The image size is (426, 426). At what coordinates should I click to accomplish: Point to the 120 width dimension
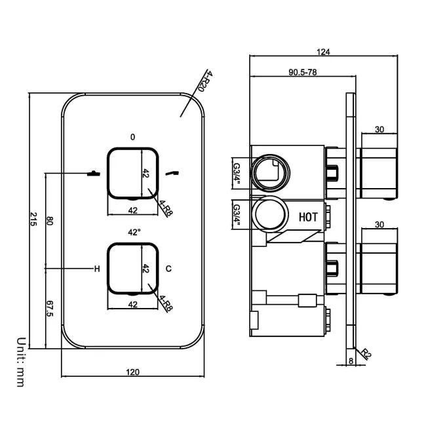tap(132, 372)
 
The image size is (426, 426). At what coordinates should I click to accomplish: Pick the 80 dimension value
tap(49, 221)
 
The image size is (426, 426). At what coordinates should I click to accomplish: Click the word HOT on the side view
tap(309, 216)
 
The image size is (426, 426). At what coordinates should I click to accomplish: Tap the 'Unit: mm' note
tap(20, 360)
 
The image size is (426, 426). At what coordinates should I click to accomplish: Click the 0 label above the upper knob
tap(133, 137)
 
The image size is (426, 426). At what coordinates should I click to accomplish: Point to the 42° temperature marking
tap(134, 232)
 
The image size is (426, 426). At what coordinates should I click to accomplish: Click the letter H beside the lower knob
tap(97, 269)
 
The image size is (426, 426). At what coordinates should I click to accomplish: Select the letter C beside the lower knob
tap(169, 269)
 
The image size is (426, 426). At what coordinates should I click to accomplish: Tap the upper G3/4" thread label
tap(237, 172)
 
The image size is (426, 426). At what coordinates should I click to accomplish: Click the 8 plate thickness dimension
tap(351, 360)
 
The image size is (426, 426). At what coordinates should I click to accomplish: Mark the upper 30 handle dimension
tap(379, 130)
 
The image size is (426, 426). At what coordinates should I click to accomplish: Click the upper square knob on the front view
tap(133, 173)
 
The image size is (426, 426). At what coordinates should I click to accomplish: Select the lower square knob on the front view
tap(133, 269)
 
